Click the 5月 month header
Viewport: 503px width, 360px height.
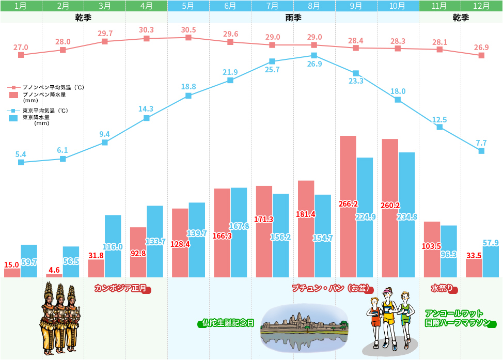(188, 6)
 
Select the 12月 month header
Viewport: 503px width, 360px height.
(482, 6)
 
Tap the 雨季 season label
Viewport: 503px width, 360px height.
(293, 18)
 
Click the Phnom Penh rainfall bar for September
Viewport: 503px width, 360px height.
(348, 207)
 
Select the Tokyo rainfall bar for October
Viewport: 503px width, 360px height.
(407, 215)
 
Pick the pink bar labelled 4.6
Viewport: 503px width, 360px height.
(54, 276)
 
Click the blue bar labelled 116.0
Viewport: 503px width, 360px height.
(113, 246)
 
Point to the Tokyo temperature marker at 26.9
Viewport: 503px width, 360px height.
(314, 56)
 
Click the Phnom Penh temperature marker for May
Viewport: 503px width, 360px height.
(188, 38)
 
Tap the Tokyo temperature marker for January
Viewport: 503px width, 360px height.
(21, 162)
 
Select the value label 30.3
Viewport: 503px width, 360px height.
(147, 30)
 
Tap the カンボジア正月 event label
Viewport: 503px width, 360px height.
(121, 288)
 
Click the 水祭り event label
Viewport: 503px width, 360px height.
(442, 288)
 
